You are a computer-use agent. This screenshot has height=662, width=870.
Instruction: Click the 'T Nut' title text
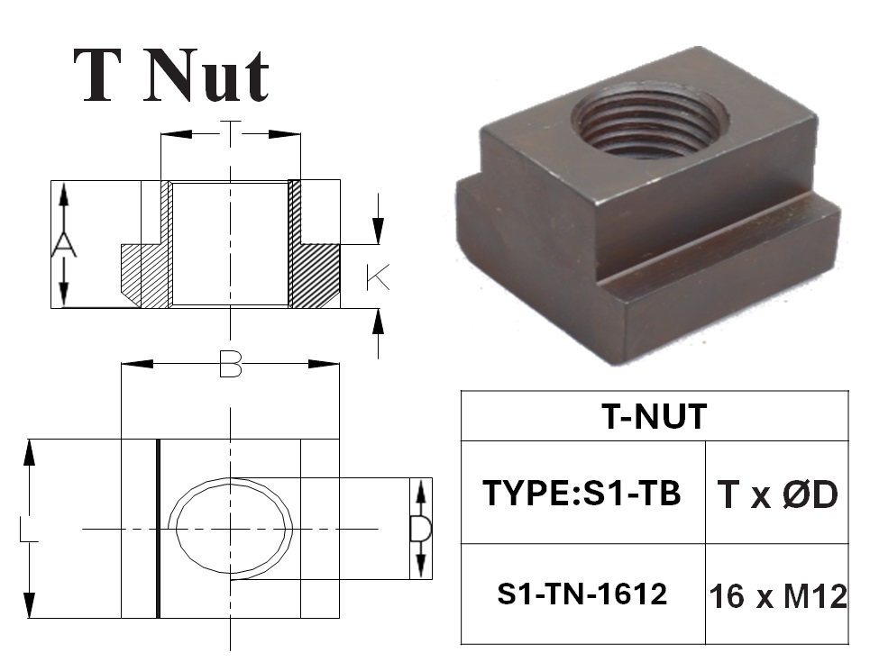point(171,76)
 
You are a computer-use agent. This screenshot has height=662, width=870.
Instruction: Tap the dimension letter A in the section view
point(64,245)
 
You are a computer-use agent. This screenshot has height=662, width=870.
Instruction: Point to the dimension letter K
point(378,277)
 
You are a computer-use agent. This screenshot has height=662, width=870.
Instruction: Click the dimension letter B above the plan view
point(231,364)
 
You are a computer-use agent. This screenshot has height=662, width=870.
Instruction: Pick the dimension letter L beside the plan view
point(28,530)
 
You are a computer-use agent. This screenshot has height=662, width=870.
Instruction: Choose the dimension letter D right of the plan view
point(420,529)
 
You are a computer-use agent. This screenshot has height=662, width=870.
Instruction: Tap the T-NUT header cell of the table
point(655,416)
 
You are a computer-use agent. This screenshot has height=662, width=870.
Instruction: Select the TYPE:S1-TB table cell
point(582,493)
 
